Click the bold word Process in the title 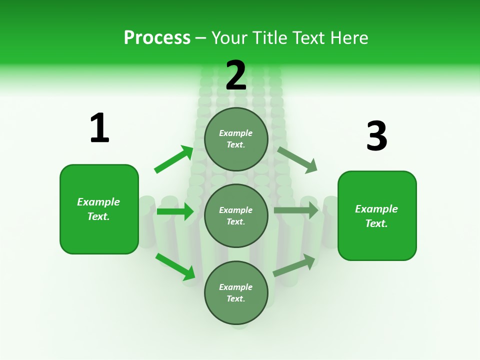[157, 38]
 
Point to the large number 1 [99, 128]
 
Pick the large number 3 [376, 136]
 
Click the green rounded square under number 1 [99, 209]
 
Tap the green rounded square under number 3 [377, 215]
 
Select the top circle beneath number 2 [236, 139]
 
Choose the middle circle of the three [236, 215]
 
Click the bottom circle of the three [236, 292]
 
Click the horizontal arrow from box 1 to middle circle [175, 211]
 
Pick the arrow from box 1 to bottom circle [175, 266]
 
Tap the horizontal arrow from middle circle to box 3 [296, 210]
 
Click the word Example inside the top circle [236, 133]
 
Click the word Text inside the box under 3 [376, 223]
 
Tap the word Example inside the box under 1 [98, 202]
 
